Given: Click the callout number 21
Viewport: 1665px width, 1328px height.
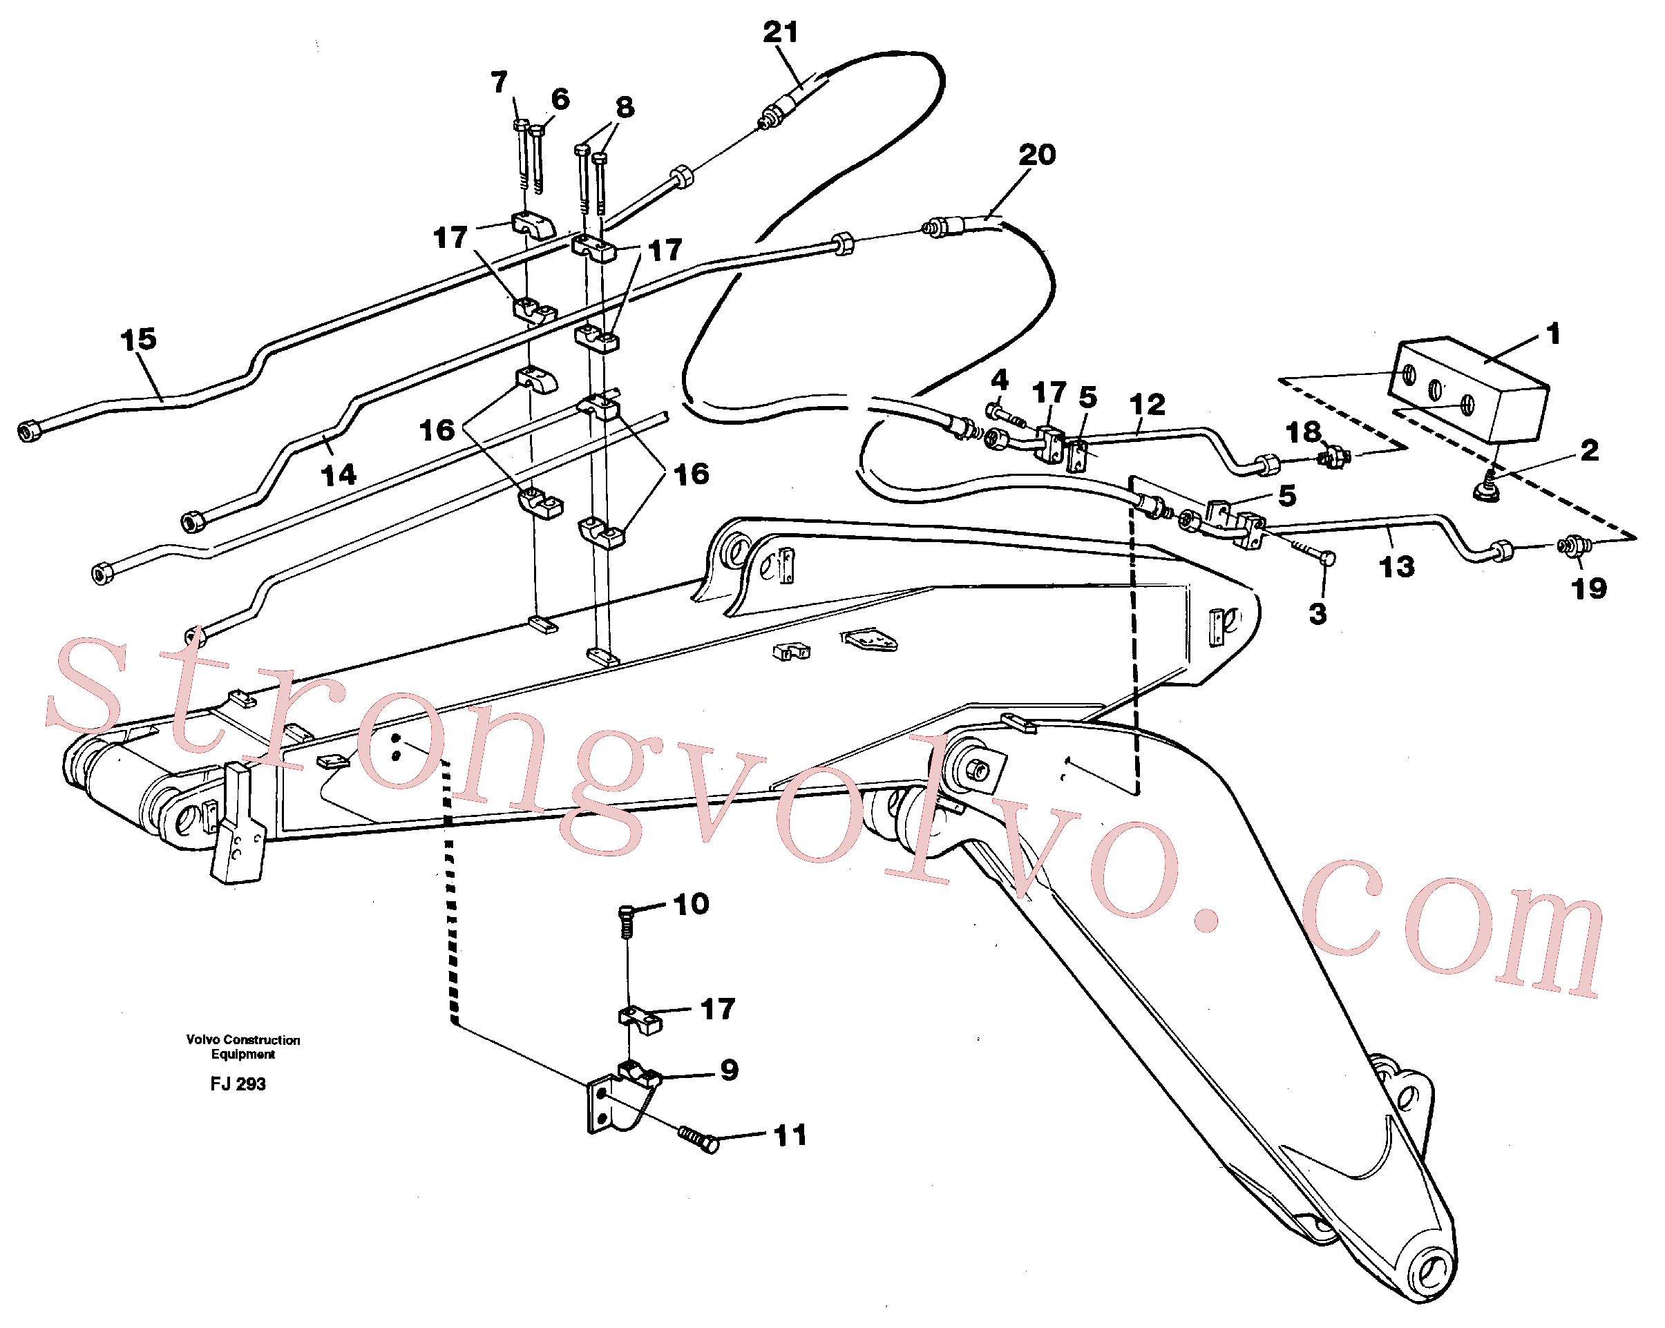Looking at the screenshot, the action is tap(780, 32).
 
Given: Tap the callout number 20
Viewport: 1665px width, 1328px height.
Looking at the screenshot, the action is tap(1036, 155).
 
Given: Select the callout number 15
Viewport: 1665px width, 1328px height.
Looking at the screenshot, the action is tap(138, 339).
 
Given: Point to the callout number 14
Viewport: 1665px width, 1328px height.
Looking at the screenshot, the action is tap(339, 475).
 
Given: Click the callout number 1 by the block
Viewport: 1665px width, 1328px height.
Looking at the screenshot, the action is tap(1554, 334).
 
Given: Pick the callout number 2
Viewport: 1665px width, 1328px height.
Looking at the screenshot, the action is tap(1589, 450).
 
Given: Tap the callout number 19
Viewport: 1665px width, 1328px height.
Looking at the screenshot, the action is tap(1588, 589).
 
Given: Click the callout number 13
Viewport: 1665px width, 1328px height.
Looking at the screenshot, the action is tap(1396, 567).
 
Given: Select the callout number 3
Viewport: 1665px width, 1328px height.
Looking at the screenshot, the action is tap(1317, 614).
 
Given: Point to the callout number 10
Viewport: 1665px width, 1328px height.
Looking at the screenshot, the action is tap(691, 904).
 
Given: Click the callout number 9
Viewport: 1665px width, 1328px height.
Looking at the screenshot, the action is tap(729, 1070).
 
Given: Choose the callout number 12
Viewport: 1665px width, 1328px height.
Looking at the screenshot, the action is tap(1147, 405).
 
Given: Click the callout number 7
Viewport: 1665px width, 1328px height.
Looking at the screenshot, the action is tap(499, 82).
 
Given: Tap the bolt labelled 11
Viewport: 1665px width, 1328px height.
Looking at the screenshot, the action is tap(698, 1139).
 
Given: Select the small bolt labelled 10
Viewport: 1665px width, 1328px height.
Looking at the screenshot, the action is tap(627, 921).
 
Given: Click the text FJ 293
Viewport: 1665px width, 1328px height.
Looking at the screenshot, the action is tap(238, 1084).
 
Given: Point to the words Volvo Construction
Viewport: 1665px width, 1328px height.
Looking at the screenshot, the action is tap(243, 1040).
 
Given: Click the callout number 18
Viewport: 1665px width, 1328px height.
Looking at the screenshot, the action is tap(1304, 432).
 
